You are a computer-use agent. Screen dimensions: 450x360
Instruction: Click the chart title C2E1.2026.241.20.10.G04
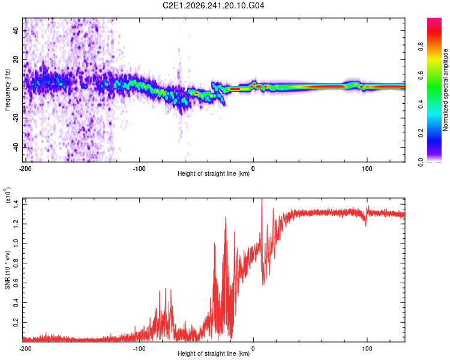point(213,5)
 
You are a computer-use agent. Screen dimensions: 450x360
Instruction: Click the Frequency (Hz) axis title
point(7,90)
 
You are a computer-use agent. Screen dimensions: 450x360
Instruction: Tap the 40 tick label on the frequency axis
point(16,30)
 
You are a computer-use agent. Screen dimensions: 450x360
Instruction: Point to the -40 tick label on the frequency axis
point(16,148)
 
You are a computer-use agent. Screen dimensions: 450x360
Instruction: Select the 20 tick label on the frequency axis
point(16,59)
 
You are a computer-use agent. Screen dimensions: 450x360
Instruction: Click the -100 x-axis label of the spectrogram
point(139,169)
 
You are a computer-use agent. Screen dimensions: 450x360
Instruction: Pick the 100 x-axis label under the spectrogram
point(367,169)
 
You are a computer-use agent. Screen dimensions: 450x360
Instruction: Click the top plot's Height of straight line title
point(214,173)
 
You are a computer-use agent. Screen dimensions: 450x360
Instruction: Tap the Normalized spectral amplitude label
point(445,90)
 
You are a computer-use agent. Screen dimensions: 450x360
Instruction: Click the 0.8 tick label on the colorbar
point(421,46)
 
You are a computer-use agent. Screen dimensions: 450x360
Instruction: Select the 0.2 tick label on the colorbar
point(421,133)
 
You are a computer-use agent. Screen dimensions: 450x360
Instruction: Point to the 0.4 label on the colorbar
point(421,104)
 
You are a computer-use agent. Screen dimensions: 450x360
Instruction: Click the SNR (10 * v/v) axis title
point(7,270)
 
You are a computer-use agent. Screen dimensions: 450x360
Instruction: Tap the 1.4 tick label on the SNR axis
point(16,204)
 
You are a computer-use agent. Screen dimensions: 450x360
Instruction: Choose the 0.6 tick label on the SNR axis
point(16,283)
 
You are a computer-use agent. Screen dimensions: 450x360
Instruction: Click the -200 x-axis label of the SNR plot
point(25,349)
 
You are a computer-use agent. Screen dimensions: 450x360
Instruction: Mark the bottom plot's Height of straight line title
point(214,353)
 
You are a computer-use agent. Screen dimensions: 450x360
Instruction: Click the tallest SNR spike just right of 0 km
point(262,200)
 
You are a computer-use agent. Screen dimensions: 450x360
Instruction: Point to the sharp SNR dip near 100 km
point(365,225)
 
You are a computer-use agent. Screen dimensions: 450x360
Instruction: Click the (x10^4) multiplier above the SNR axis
point(7,195)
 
